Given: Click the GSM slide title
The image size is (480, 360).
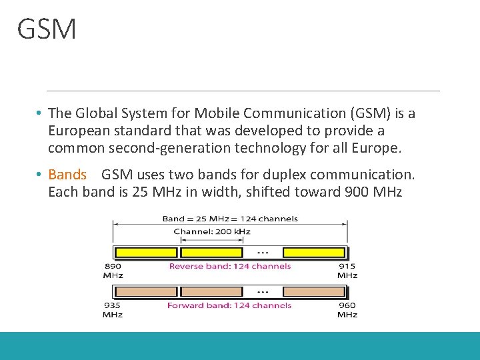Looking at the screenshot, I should (47, 29).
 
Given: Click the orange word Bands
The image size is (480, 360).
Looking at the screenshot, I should (67, 175).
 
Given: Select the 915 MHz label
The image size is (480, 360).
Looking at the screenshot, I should (347, 270).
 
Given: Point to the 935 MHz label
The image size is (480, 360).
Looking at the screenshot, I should (112, 309).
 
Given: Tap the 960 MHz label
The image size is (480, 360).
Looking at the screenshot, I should (347, 309).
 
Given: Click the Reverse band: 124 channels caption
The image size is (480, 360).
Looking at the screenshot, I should (229, 266).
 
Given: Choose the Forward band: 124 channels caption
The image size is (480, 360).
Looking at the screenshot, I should (229, 305).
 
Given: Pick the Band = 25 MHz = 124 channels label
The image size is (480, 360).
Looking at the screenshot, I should (230, 219).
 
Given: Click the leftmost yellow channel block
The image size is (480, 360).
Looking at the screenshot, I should (146, 253).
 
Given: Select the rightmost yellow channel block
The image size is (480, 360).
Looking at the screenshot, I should (314, 253).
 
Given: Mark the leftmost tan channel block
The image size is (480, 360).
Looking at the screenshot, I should (146, 292).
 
